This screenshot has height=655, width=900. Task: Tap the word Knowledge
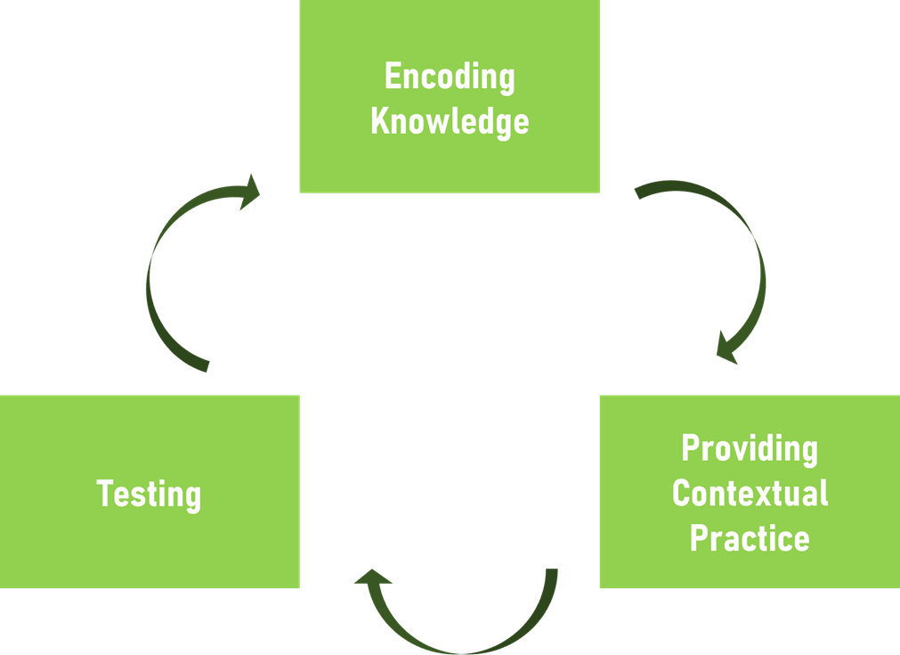pos(450,121)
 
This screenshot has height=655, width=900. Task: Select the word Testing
pos(149,494)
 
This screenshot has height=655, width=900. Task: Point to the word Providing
pos(750,448)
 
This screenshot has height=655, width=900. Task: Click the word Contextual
pos(750,493)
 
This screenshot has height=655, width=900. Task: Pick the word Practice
pos(750,537)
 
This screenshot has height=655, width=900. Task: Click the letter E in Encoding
pos(392,78)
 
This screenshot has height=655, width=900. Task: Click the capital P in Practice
pos(698,537)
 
